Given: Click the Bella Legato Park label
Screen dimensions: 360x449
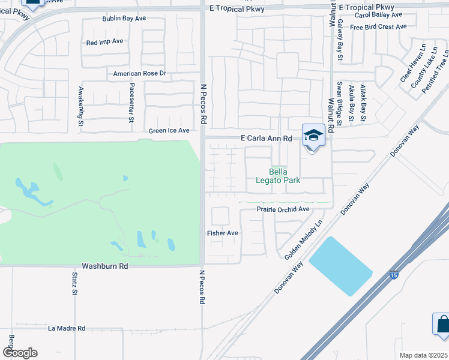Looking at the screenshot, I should [x=277, y=176].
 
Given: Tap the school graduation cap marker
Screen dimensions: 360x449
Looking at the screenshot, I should [x=313, y=136].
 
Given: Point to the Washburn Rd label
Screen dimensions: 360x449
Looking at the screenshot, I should [x=105, y=265].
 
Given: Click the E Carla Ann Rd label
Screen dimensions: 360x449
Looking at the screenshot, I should [x=266, y=139].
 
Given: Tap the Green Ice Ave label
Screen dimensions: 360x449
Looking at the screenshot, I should [x=169, y=130].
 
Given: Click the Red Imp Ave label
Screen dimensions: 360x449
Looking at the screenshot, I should [x=104, y=42].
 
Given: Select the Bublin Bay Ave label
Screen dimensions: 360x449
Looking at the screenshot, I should [x=124, y=19].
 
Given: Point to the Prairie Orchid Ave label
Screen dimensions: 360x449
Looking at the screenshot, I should [x=283, y=209].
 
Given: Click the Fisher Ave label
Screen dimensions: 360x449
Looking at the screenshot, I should [x=223, y=233].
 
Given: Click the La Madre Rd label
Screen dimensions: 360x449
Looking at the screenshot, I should [x=67, y=328].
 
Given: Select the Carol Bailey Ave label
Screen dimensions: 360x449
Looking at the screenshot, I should [x=379, y=14].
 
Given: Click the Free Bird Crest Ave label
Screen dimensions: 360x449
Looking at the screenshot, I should [x=378, y=27].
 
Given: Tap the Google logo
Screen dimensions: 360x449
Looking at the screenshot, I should [x=20, y=353].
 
